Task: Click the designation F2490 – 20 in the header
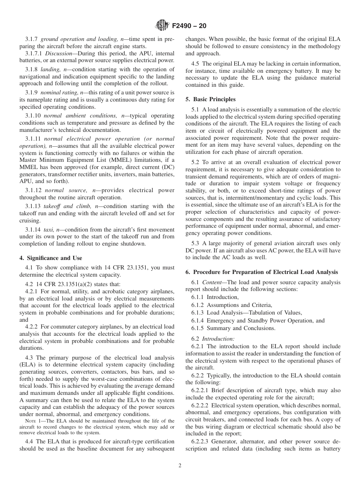pos(189,26)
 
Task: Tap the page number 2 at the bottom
pos(180,466)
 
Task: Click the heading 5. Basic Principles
pos(210,99)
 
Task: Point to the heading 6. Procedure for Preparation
pos(261,272)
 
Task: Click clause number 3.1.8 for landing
pos(32,69)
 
